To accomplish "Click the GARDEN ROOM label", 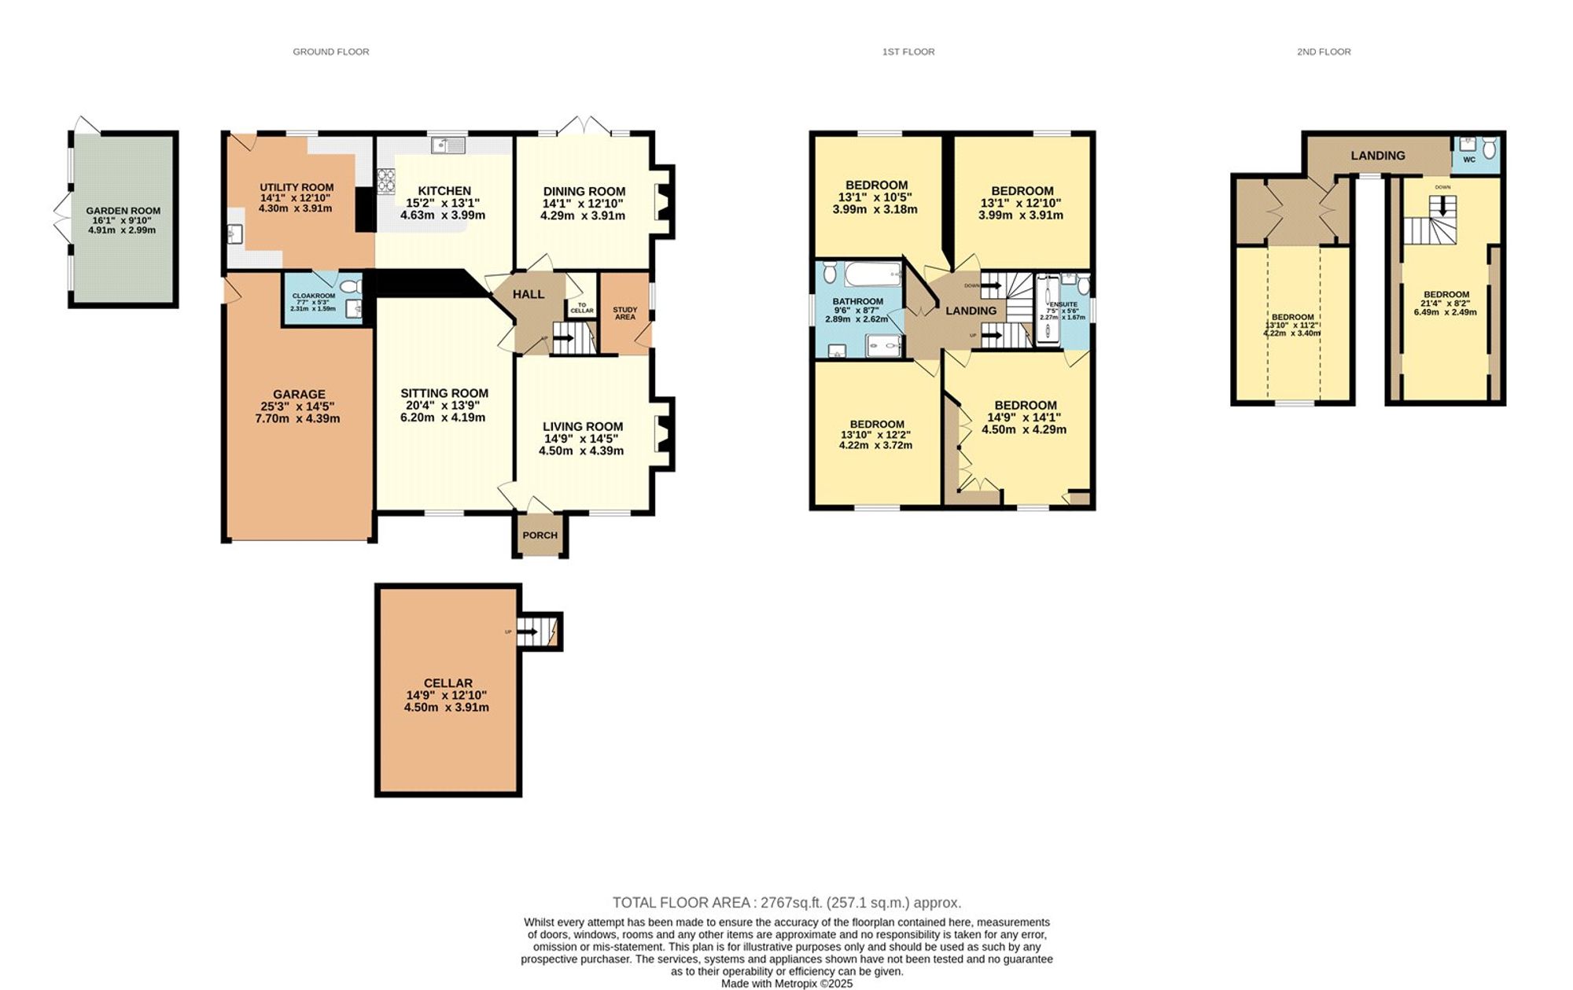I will coord(123,211).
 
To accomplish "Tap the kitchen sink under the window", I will coord(448,145).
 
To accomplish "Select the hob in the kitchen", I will coord(385,182).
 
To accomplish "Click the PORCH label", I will coord(540,535).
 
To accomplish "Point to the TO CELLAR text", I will coord(581,308).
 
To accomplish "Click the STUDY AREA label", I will coord(624,313).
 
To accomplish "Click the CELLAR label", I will coord(448,683).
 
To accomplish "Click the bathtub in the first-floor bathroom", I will coord(872,274).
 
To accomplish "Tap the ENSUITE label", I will coord(1063,304).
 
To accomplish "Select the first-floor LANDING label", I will coord(971,311).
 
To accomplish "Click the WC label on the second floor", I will coord(1469,160).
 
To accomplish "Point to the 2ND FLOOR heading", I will coord(1324,52).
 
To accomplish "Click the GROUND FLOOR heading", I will coord(330,52).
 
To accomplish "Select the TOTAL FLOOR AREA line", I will coord(786,903).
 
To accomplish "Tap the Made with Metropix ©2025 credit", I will coord(786,984).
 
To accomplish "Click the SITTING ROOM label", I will coord(444,393).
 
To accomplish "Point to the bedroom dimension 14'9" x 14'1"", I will coord(1024,418).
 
